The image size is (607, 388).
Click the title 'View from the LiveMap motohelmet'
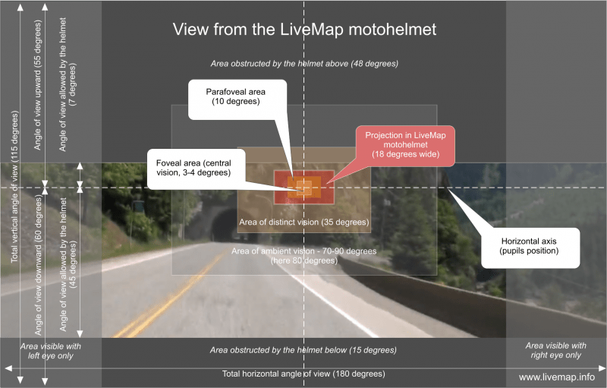[x=303, y=30]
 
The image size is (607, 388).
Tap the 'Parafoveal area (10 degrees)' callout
[x=235, y=96]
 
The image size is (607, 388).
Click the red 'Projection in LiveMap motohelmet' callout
[x=406, y=144]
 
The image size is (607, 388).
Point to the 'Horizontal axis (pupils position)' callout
[x=530, y=245]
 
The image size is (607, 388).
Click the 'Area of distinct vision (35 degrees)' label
[x=303, y=222]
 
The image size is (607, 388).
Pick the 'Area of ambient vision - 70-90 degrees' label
[x=303, y=255]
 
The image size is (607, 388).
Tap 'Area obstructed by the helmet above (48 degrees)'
[x=303, y=64]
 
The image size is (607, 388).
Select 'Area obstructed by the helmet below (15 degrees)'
[x=303, y=350]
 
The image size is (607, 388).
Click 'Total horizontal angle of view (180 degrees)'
[x=303, y=374]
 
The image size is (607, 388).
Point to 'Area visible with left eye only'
[x=51, y=350]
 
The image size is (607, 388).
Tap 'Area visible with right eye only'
[x=556, y=350]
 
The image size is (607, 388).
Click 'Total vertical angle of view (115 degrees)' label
[x=14, y=186]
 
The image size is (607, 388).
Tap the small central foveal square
[x=303, y=186]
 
